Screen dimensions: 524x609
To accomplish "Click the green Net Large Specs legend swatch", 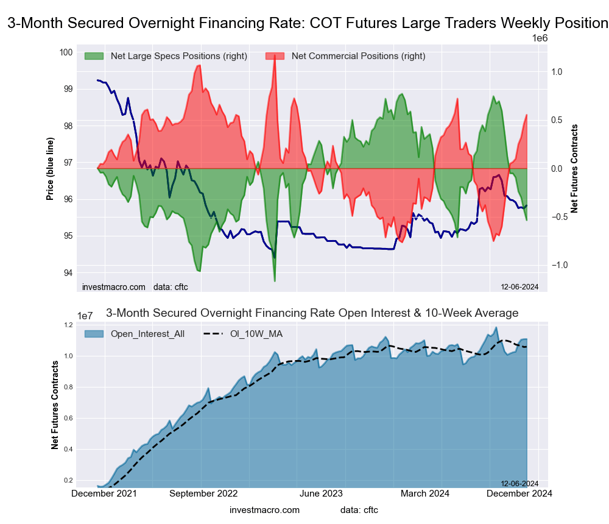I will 94,56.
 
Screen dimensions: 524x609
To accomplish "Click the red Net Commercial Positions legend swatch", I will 275,56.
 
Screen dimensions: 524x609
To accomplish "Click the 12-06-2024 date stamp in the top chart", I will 519,286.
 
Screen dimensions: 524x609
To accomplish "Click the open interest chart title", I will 312,313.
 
